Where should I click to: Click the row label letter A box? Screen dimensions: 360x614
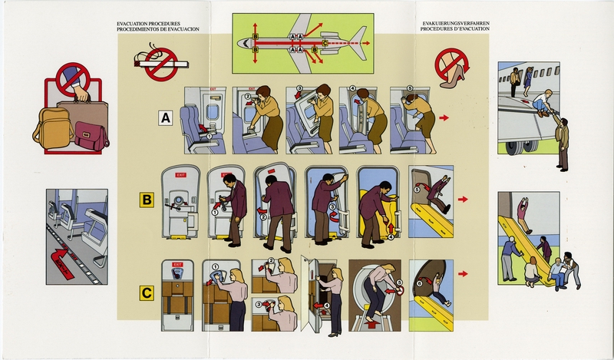tap(164, 118)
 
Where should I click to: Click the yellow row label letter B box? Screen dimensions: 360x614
tap(144, 200)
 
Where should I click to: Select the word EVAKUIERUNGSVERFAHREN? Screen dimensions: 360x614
tap(455, 24)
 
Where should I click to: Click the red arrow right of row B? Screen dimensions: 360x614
tap(463, 200)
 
